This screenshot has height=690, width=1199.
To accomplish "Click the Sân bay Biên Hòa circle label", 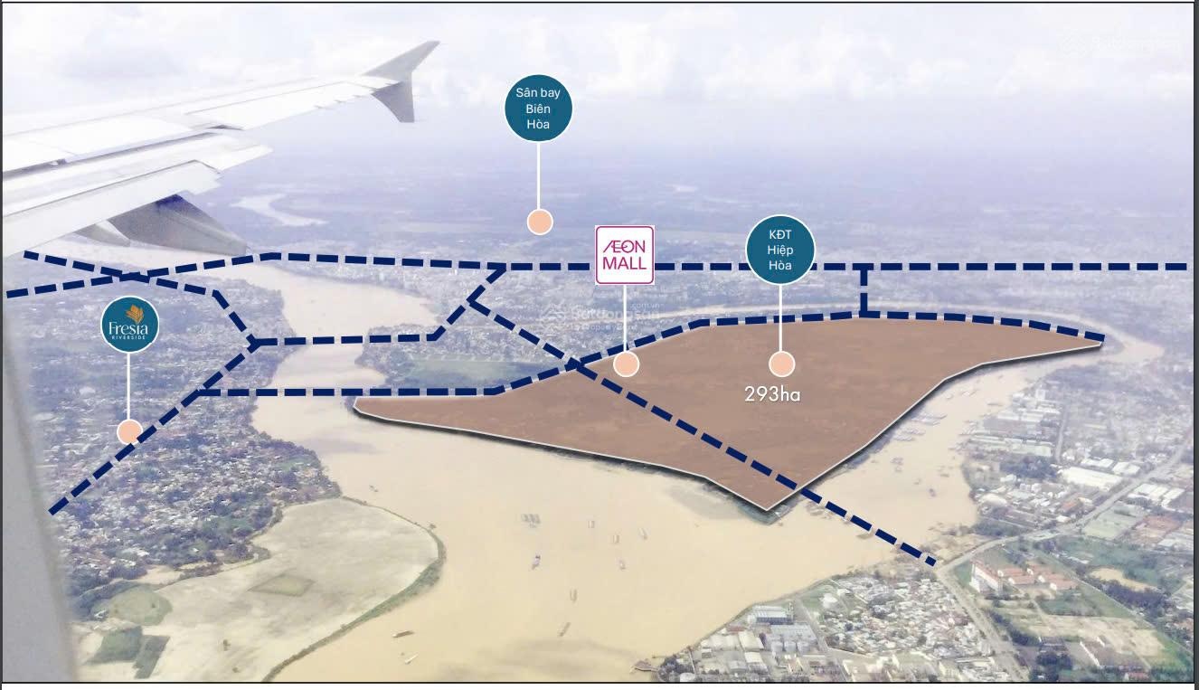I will pyautogui.click(x=538, y=109).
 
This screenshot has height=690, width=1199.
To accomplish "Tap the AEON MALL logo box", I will pyautogui.click(x=624, y=255).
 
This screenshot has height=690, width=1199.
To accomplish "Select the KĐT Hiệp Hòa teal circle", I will pyautogui.click(x=780, y=249).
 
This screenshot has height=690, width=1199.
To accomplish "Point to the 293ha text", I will pyautogui.click(x=772, y=394).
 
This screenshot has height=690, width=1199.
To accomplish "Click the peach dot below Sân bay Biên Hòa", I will pyautogui.click(x=540, y=222).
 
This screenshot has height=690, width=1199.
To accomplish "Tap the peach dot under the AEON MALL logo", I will pyautogui.click(x=626, y=364).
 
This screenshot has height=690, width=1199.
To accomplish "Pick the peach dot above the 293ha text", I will pyautogui.click(x=781, y=364).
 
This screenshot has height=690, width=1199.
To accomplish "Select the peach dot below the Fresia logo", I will pyautogui.click(x=129, y=431).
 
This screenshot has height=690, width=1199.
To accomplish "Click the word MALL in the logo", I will pyautogui.click(x=624, y=264).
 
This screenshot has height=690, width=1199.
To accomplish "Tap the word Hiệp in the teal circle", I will pyautogui.click(x=780, y=249).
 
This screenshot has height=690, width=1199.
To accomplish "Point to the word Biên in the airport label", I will pyautogui.click(x=538, y=109).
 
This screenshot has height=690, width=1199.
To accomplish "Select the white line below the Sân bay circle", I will pyautogui.click(x=539, y=176).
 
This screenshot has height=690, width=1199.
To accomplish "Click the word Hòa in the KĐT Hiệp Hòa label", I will pyautogui.click(x=780, y=265).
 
